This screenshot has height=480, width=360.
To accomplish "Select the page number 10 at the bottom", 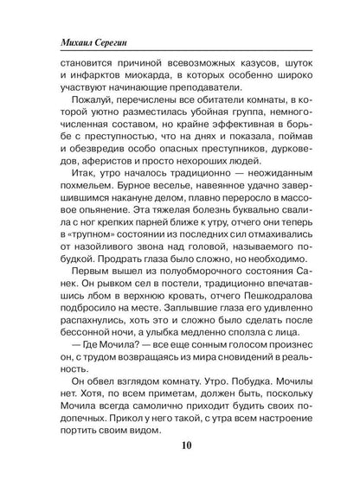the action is click(x=180, y=450).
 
